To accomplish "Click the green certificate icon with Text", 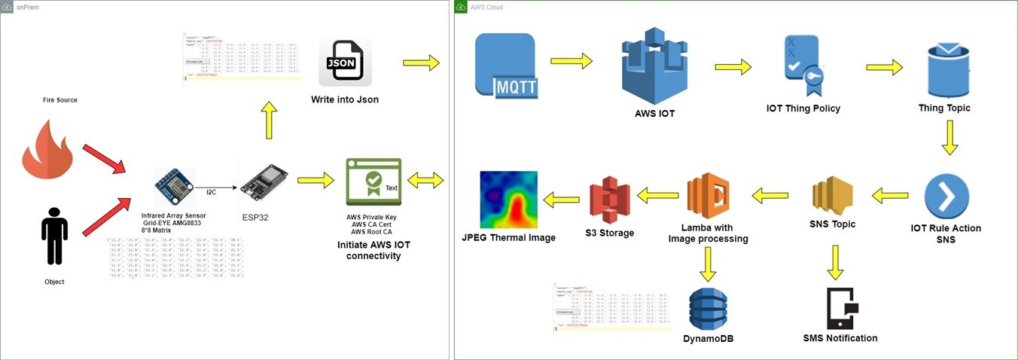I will [373, 182].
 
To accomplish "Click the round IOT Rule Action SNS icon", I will [946, 196].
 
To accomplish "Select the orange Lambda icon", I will [707, 195].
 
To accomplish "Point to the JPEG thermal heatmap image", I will [509, 200].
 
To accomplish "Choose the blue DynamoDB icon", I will [709, 309].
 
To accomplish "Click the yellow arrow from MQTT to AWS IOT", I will [571, 62].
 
